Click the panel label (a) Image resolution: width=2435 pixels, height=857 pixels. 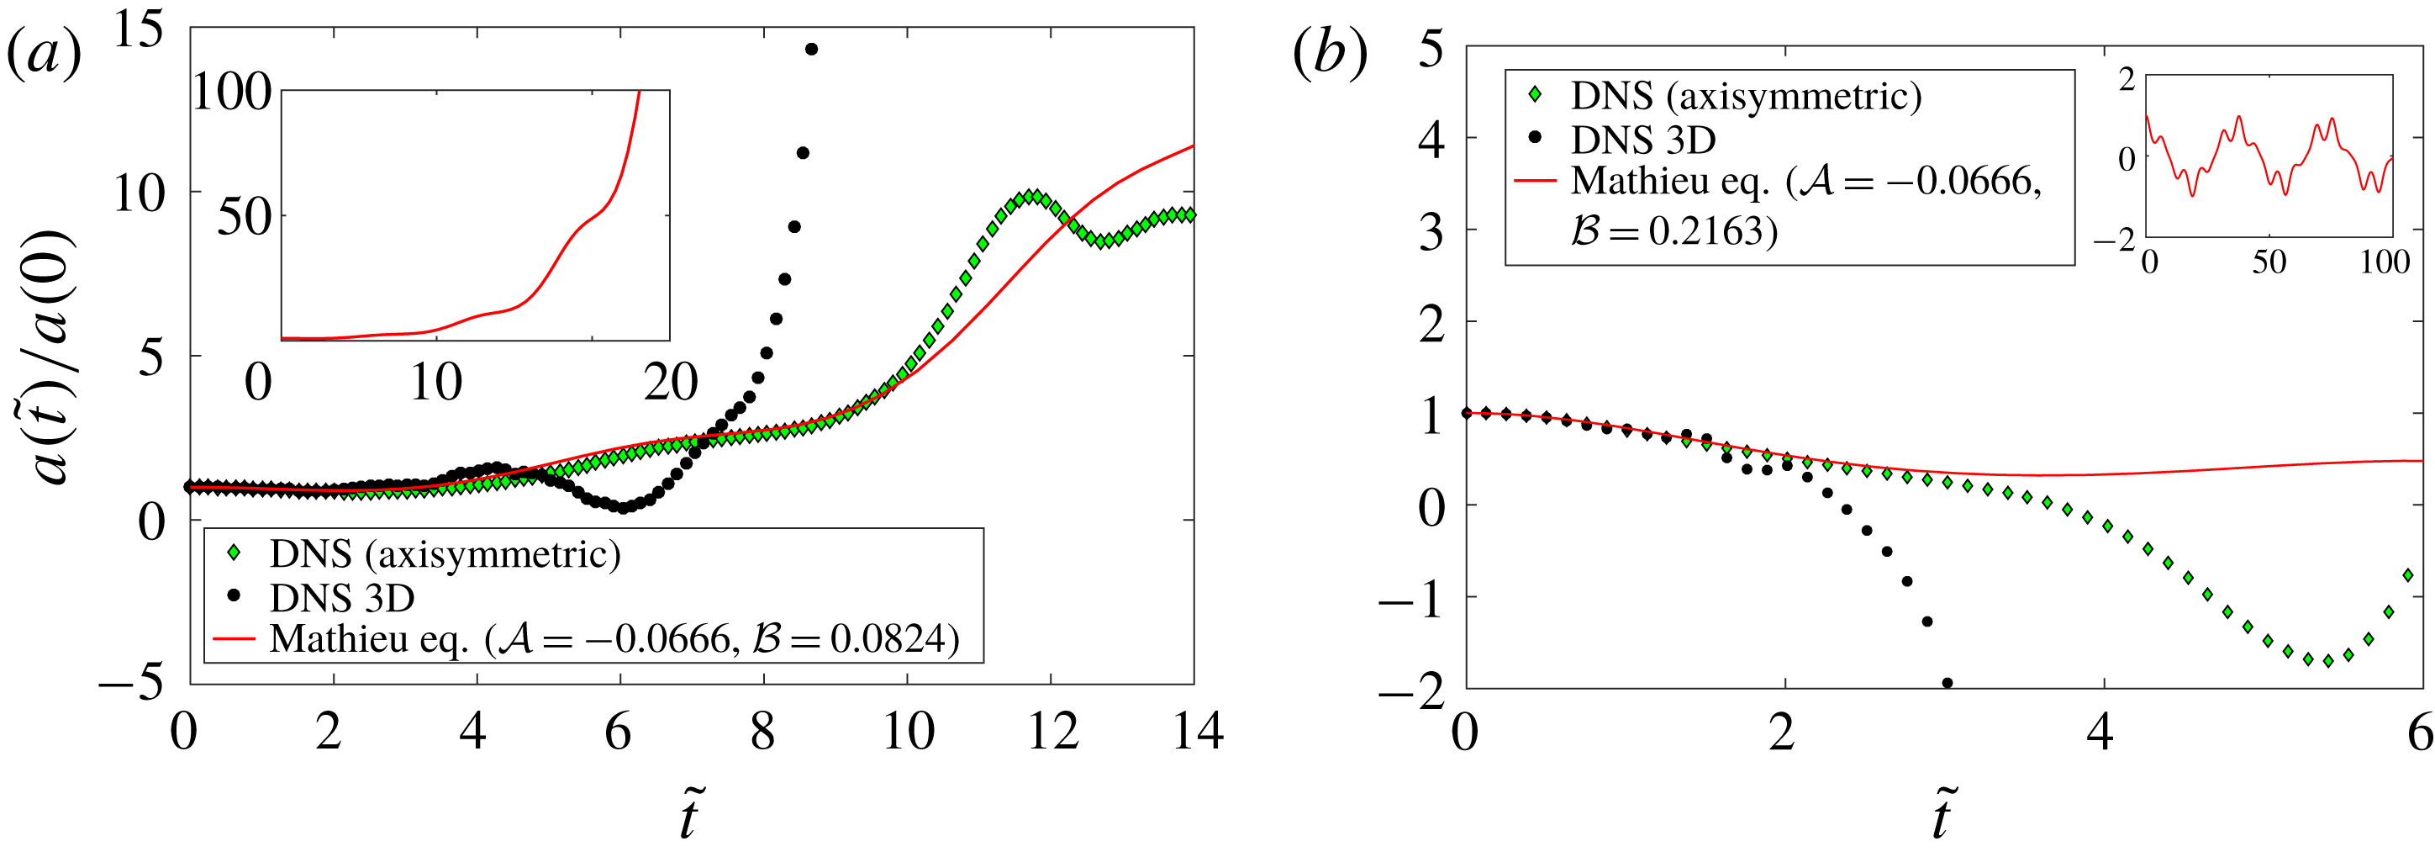click(44, 54)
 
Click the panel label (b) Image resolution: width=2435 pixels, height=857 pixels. click(1329, 54)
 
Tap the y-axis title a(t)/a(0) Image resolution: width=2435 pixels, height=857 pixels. click(53, 357)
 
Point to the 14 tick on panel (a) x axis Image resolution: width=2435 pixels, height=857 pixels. click(1197, 731)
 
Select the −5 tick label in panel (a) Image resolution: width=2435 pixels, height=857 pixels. click(131, 682)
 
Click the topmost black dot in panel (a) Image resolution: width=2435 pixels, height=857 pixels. click(811, 49)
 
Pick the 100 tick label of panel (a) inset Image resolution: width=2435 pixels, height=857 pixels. click(233, 93)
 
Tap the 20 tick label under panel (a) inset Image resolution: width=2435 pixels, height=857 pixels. click(670, 382)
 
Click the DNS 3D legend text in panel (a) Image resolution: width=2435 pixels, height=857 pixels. click(341, 598)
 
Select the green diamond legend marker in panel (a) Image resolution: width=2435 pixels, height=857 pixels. click(234, 553)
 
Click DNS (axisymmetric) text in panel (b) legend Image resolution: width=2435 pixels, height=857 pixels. click(1746, 97)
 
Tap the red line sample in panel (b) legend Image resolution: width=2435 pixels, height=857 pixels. click(1534, 180)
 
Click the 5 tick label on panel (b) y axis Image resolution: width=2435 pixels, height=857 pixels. click(1431, 47)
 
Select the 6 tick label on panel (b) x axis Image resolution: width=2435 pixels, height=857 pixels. click(2421, 731)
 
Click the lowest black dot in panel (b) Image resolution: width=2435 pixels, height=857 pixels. click(1947, 682)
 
